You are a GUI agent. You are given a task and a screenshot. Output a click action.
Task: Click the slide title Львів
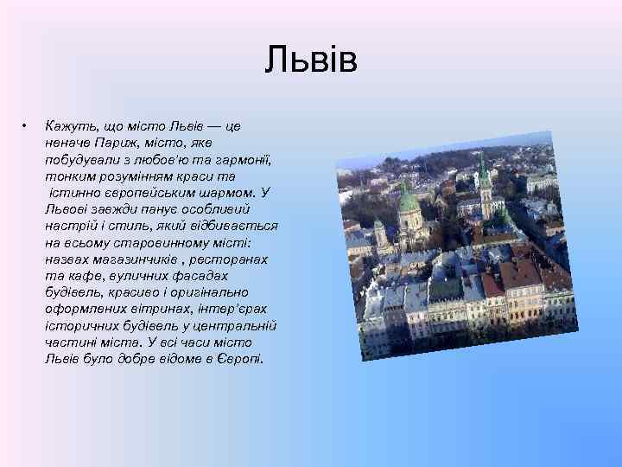(311, 61)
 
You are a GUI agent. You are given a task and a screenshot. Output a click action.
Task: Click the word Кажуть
(68, 126)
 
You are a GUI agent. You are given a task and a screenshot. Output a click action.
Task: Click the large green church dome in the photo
(408, 202)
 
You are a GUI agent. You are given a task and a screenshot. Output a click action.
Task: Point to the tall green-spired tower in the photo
(485, 178)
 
